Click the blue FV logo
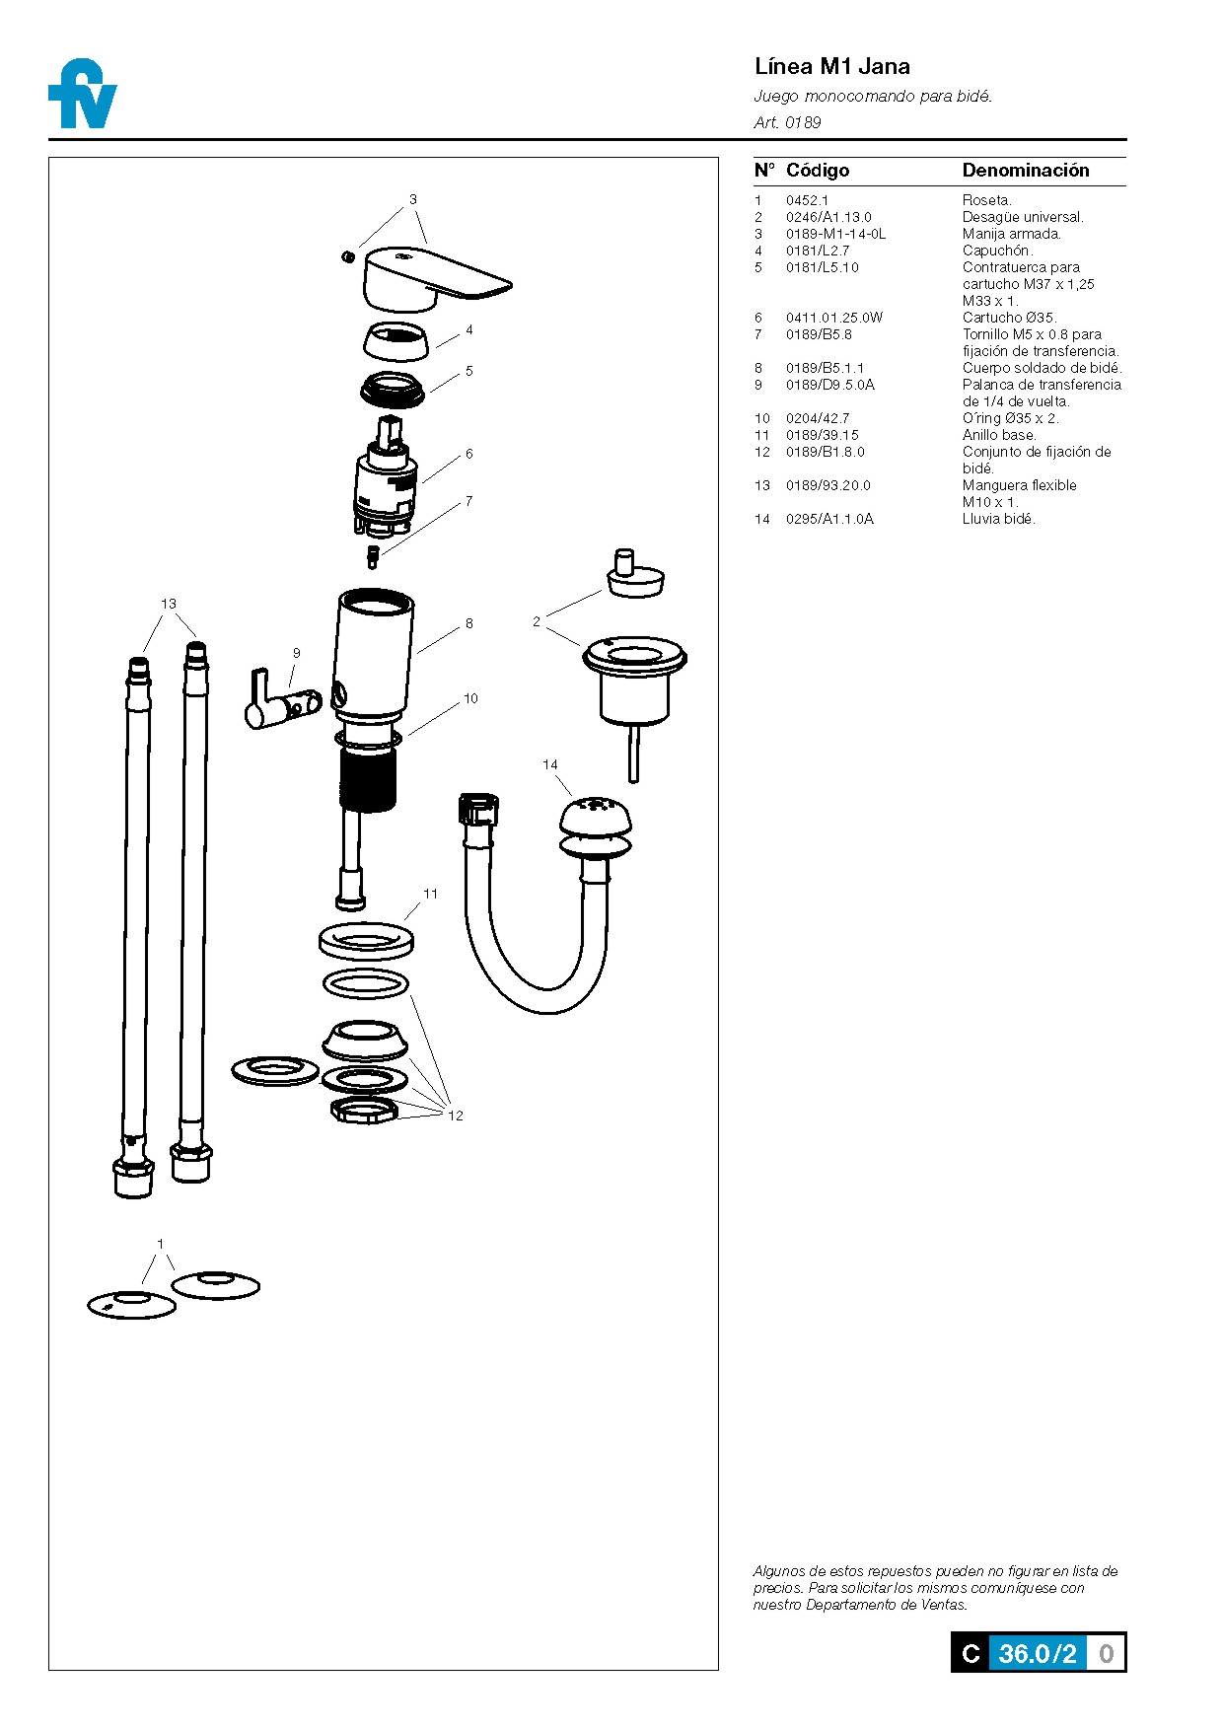(x=83, y=95)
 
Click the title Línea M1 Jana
(x=831, y=66)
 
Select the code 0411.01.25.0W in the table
(x=833, y=318)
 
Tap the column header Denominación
(x=1025, y=171)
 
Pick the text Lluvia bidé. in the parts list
(x=998, y=519)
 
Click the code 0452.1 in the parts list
(x=807, y=200)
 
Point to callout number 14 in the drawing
(x=549, y=764)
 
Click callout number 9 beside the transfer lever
(x=296, y=653)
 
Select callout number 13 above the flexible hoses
(x=169, y=604)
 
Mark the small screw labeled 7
(x=373, y=556)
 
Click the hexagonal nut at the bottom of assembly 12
(x=363, y=1111)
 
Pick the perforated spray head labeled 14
(x=595, y=818)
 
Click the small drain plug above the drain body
(x=634, y=575)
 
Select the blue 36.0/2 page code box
(x=1037, y=1653)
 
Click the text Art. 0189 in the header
(x=787, y=122)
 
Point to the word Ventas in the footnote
(x=943, y=1605)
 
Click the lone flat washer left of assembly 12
(x=275, y=1070)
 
